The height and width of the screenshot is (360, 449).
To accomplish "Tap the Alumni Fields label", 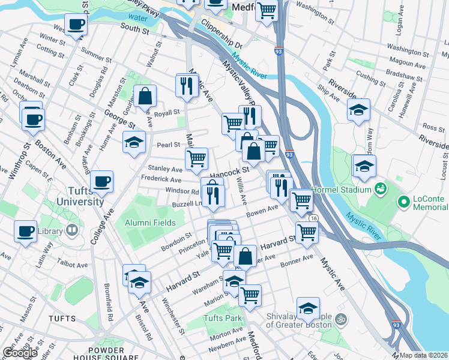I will click(x=150, y=223).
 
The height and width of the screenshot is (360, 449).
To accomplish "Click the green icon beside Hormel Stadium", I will click(x=381, y=190).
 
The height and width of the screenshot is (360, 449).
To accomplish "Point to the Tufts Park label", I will click(x=222, y=318).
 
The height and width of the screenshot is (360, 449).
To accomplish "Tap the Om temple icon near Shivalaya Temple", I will click(x=342, y=318).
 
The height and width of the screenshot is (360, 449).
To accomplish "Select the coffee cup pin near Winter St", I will click(x=76, y=25).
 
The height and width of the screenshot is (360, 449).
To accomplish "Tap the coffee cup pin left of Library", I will click(x=26, y=231).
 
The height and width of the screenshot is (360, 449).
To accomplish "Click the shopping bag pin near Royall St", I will click(x=145, y=95).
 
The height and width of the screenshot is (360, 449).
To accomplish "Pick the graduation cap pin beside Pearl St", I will click(x=134, y=142).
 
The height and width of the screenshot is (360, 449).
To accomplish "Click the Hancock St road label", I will click(x=229, y=170).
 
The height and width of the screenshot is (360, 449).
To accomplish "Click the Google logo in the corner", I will click(x=20, y=353).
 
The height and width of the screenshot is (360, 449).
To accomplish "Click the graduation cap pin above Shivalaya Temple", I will click(x=308, y=308).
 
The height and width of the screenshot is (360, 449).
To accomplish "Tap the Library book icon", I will click(x=71, y=230).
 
